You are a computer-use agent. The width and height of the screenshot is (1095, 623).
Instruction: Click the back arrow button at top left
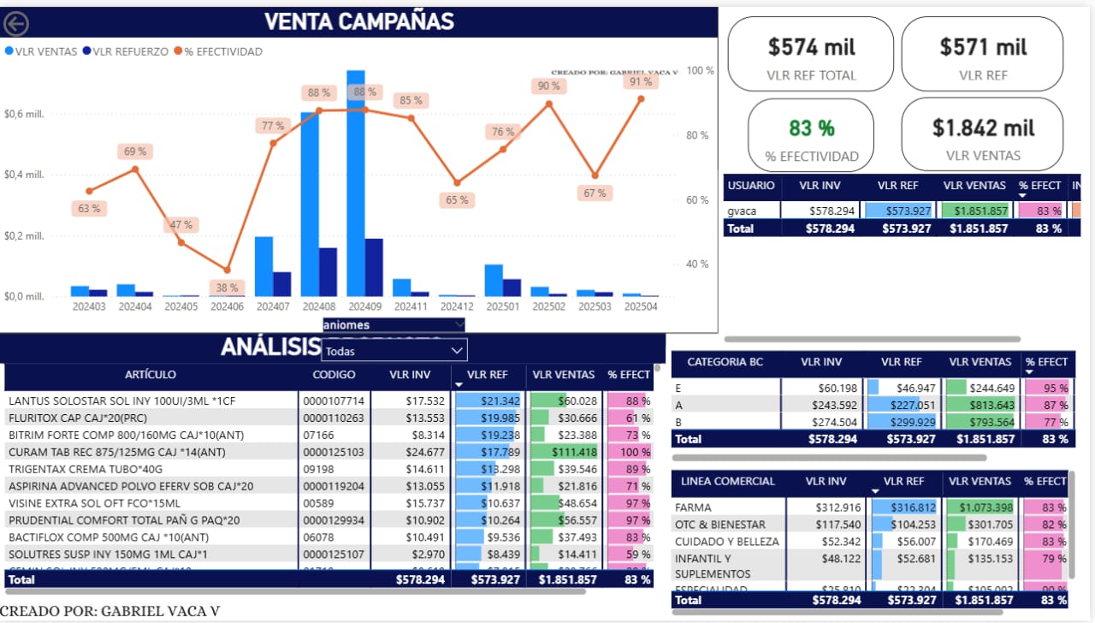coord(15,24)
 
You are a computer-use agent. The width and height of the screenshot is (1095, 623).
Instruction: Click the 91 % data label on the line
coord(641,82)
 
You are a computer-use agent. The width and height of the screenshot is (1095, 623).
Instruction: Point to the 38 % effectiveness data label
coord(227,288)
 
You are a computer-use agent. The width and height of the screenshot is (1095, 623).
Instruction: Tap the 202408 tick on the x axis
coord(318,306)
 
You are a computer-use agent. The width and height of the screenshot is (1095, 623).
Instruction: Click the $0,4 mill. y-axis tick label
coord(24,175)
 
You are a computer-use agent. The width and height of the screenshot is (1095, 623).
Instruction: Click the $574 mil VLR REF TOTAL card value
coord(811,46)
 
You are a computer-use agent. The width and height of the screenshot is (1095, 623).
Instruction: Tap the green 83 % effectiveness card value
coord(811,128)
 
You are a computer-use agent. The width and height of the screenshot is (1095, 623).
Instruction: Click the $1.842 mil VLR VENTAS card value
coord(983,128)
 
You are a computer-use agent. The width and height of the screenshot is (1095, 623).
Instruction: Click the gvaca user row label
coord(741,211)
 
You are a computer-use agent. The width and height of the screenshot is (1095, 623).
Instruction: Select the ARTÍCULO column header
coord(151,374)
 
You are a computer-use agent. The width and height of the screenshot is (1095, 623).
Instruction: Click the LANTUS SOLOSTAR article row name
coord(121,401)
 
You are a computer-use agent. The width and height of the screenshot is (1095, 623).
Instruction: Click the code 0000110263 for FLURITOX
coord(334,418)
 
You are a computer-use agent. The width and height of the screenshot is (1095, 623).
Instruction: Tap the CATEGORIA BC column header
coord(725,362)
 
